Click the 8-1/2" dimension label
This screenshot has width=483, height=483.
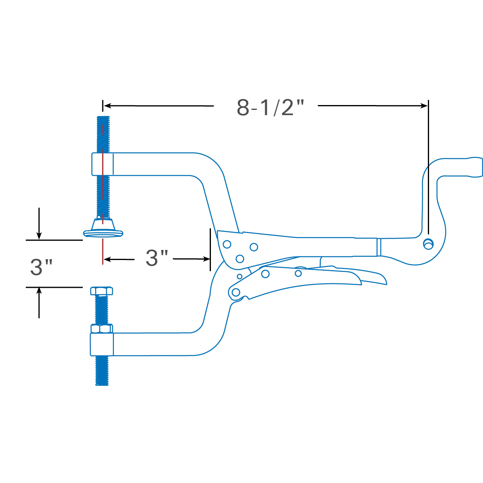(x=270, y=107)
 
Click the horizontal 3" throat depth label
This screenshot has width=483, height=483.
(x=157, y=258)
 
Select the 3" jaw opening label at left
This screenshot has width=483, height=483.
(x=41, y=267)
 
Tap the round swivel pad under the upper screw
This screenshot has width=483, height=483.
(x=103, y=233)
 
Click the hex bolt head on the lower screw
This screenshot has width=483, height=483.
(x=101, y=291)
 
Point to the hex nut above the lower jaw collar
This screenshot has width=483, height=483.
(x=101, y=328)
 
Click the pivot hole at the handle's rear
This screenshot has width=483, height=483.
(x=428, y=244)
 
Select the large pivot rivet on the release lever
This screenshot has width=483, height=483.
(x=236, y=292)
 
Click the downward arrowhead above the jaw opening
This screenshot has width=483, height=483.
(x=39, y=235)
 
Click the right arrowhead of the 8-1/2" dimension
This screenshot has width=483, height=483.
(x=424, y=106)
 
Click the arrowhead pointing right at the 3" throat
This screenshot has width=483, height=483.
(x=206, y=259)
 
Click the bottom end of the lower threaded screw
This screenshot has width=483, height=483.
(x=102, y=384)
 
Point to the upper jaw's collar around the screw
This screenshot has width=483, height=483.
(x=103, y=164)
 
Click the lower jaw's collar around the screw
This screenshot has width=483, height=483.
(x=101, y=345)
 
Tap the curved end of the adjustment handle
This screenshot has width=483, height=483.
(x=475, y=167)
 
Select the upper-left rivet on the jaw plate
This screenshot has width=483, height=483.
(x=227, y=244)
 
